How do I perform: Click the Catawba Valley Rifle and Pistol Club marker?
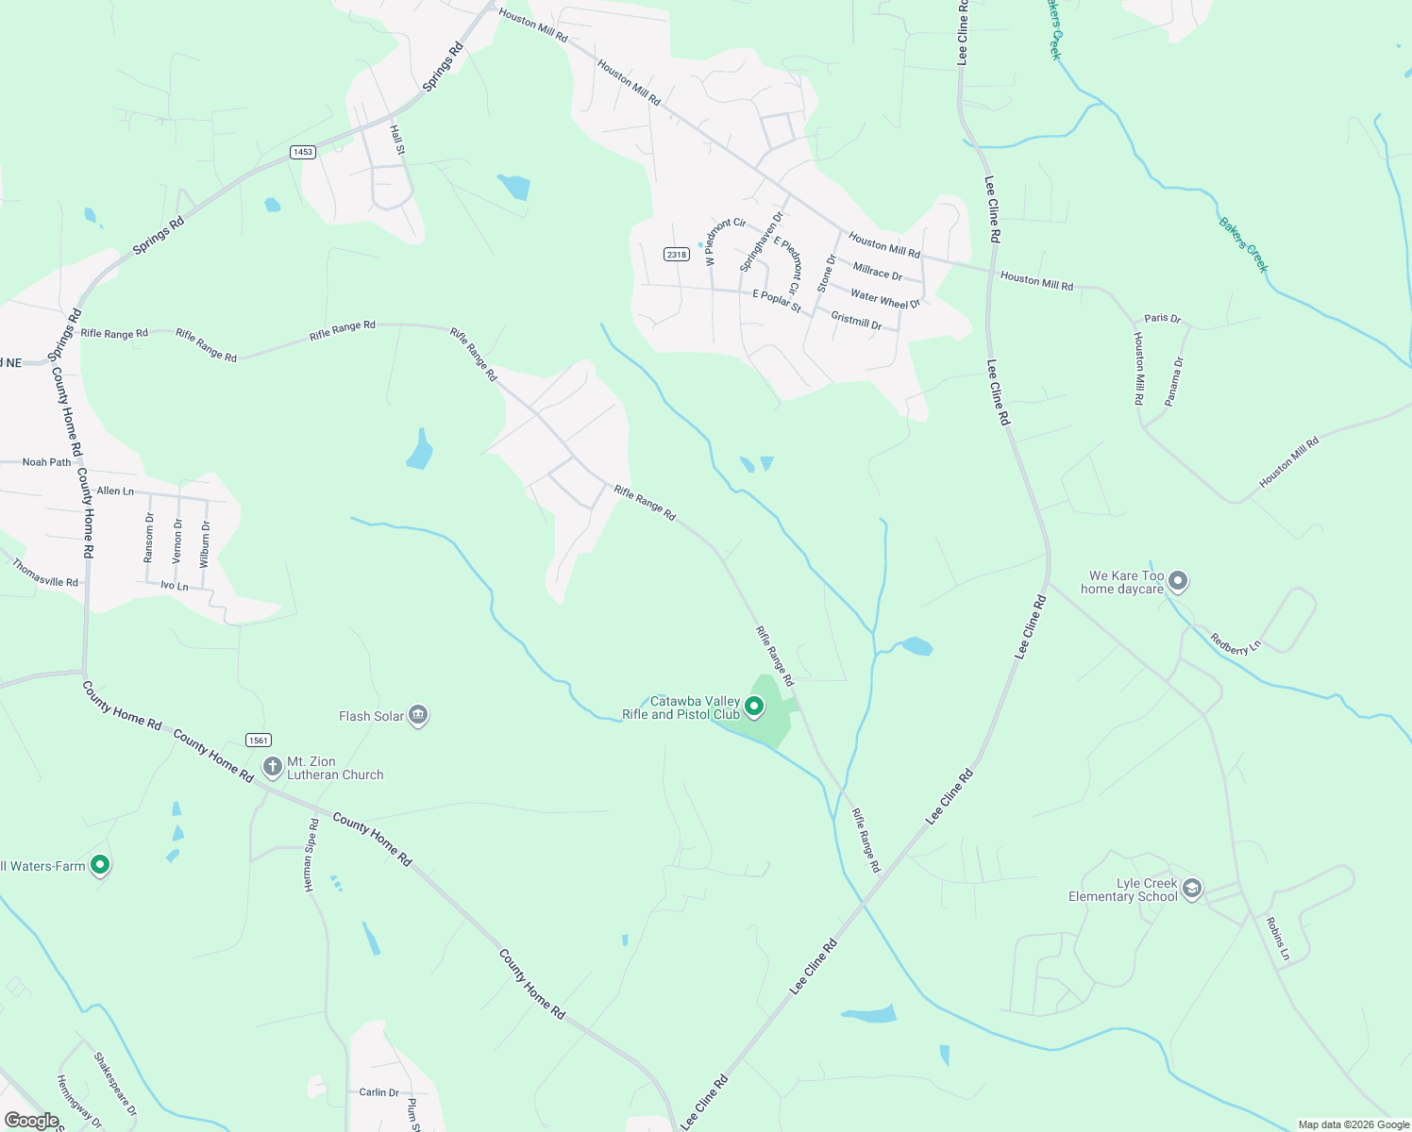(x=753, y=706)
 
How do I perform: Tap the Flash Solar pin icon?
(x=419, y=716)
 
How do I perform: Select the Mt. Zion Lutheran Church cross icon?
(x=272, y=767)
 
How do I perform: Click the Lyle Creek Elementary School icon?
(x=1192, y=889)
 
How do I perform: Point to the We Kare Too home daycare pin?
(x=1177, y=581)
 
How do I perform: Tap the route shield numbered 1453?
(x=302, y=152)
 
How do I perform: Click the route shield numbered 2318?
(x=676, y=255)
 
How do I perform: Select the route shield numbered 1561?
(x=258, y=741)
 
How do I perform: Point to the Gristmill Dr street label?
(x=856, y=321)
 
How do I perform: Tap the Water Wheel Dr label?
(x=884, y=299)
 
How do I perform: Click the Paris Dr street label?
(x=1162, y=319)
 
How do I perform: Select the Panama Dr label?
(x=1174, y=381)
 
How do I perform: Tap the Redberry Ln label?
(x=1235, y=644)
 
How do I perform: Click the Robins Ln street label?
(x=1277, y=939)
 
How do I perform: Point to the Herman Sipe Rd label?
(x=311, y=856)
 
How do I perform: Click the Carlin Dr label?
(x=378, y=1092)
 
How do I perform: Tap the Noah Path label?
(x=46, y=462)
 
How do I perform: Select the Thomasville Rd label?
(x=45, y=574)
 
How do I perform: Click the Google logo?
(x=31, y=1121)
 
